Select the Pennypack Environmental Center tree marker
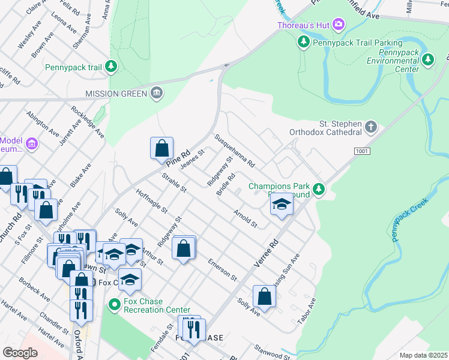click(x=428, y=59)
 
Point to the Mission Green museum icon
click(x=157, y=93)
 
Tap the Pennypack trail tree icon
click(x=111, y=66)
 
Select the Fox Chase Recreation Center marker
click(x=114, y=305)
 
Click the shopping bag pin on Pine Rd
click(x=162, y=148)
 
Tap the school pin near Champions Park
click(x=281, y=204)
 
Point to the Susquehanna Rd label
click(x=235, y=151)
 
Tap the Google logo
click(x=20, y=352)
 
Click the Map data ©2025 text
click(x=423, y=355)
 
